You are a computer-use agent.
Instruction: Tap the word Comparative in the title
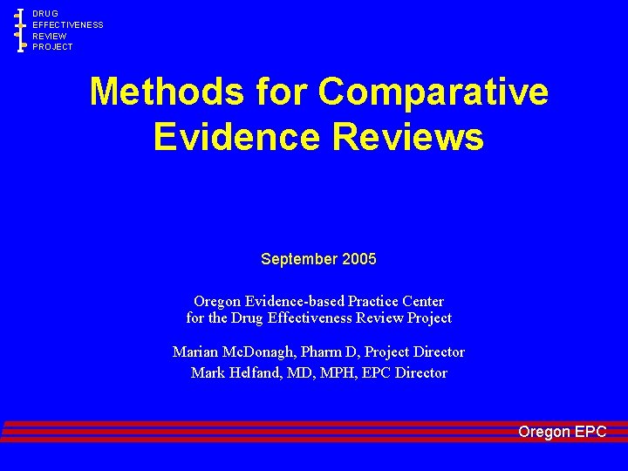click(433, 92)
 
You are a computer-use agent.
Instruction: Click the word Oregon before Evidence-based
click(216, 302)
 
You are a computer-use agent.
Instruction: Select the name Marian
click(196, 352)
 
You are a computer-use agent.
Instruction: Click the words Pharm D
click(329, 352)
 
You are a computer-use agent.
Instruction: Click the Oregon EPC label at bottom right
click(562, 432)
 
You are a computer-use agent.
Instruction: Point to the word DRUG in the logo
click(45, 14)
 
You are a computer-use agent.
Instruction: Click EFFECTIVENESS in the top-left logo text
click(68, 25)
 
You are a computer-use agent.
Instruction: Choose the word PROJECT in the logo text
click(53, 47)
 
